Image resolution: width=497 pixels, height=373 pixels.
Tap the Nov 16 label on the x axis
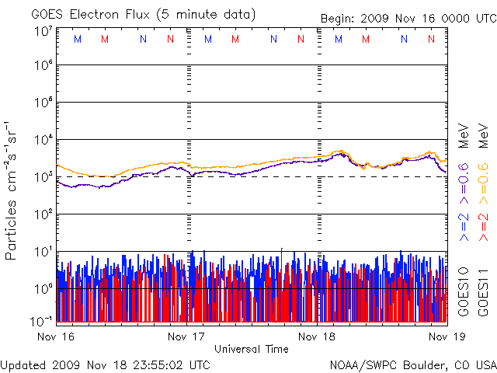pyautogui.click(x=55, y=336)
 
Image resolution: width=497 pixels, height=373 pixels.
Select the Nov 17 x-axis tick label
pyautogui.click(x=186, y=336)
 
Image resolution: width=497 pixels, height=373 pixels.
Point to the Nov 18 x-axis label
pyautogui.click(x=317, y=336)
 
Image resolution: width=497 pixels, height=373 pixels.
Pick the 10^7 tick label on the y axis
pyautogui.click(x=43, y=31)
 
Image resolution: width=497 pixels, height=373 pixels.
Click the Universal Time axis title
pyautogui.click(x=252, y=349)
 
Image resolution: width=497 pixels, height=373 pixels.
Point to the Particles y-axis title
pyautogui.click(x=12, y=190)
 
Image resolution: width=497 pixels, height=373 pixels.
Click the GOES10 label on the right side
pyautogui.click(x=463, y=291)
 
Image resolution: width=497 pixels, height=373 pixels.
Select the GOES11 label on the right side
pyautogui.click(x=482, y=291)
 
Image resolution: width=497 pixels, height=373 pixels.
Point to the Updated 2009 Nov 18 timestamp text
pyautogui.click(x=106, y=364)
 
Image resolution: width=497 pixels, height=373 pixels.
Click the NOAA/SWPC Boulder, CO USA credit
pyautogui.click(x=412, y=364)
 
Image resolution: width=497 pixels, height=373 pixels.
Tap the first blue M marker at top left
pyautogui.click(x=76, y=39)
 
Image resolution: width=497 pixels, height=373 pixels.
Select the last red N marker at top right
pyautogui.click(x=431, y=39)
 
